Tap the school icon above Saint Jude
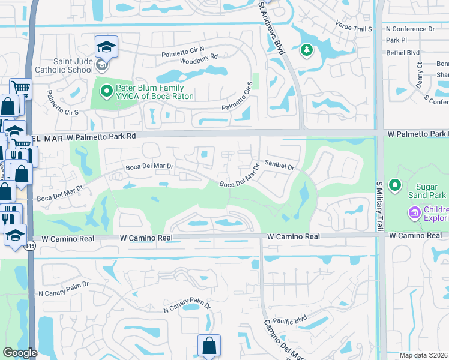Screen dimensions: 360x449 pos(106,47)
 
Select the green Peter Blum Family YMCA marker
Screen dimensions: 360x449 pos(106,91)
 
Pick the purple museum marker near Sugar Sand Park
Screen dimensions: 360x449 pos(414,212)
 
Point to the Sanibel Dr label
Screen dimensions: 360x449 pos(279,167)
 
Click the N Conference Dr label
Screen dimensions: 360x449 pos(410,28)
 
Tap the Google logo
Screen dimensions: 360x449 pos(20,353)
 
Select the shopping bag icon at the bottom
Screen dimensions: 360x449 pos(209,346)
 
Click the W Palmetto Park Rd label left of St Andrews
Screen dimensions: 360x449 pos(101,136)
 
